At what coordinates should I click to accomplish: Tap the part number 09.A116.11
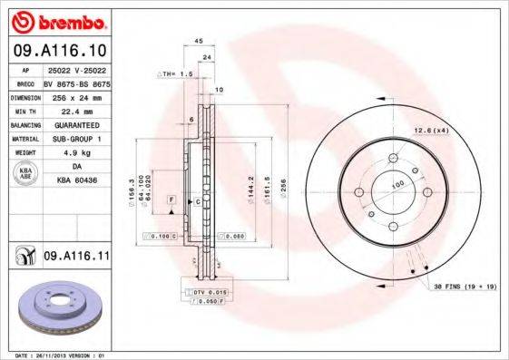(76, 257)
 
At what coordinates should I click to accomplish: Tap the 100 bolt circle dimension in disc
(396, 185)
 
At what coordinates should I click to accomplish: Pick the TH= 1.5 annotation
(176, 73)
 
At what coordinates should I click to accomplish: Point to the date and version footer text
(56, 355)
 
